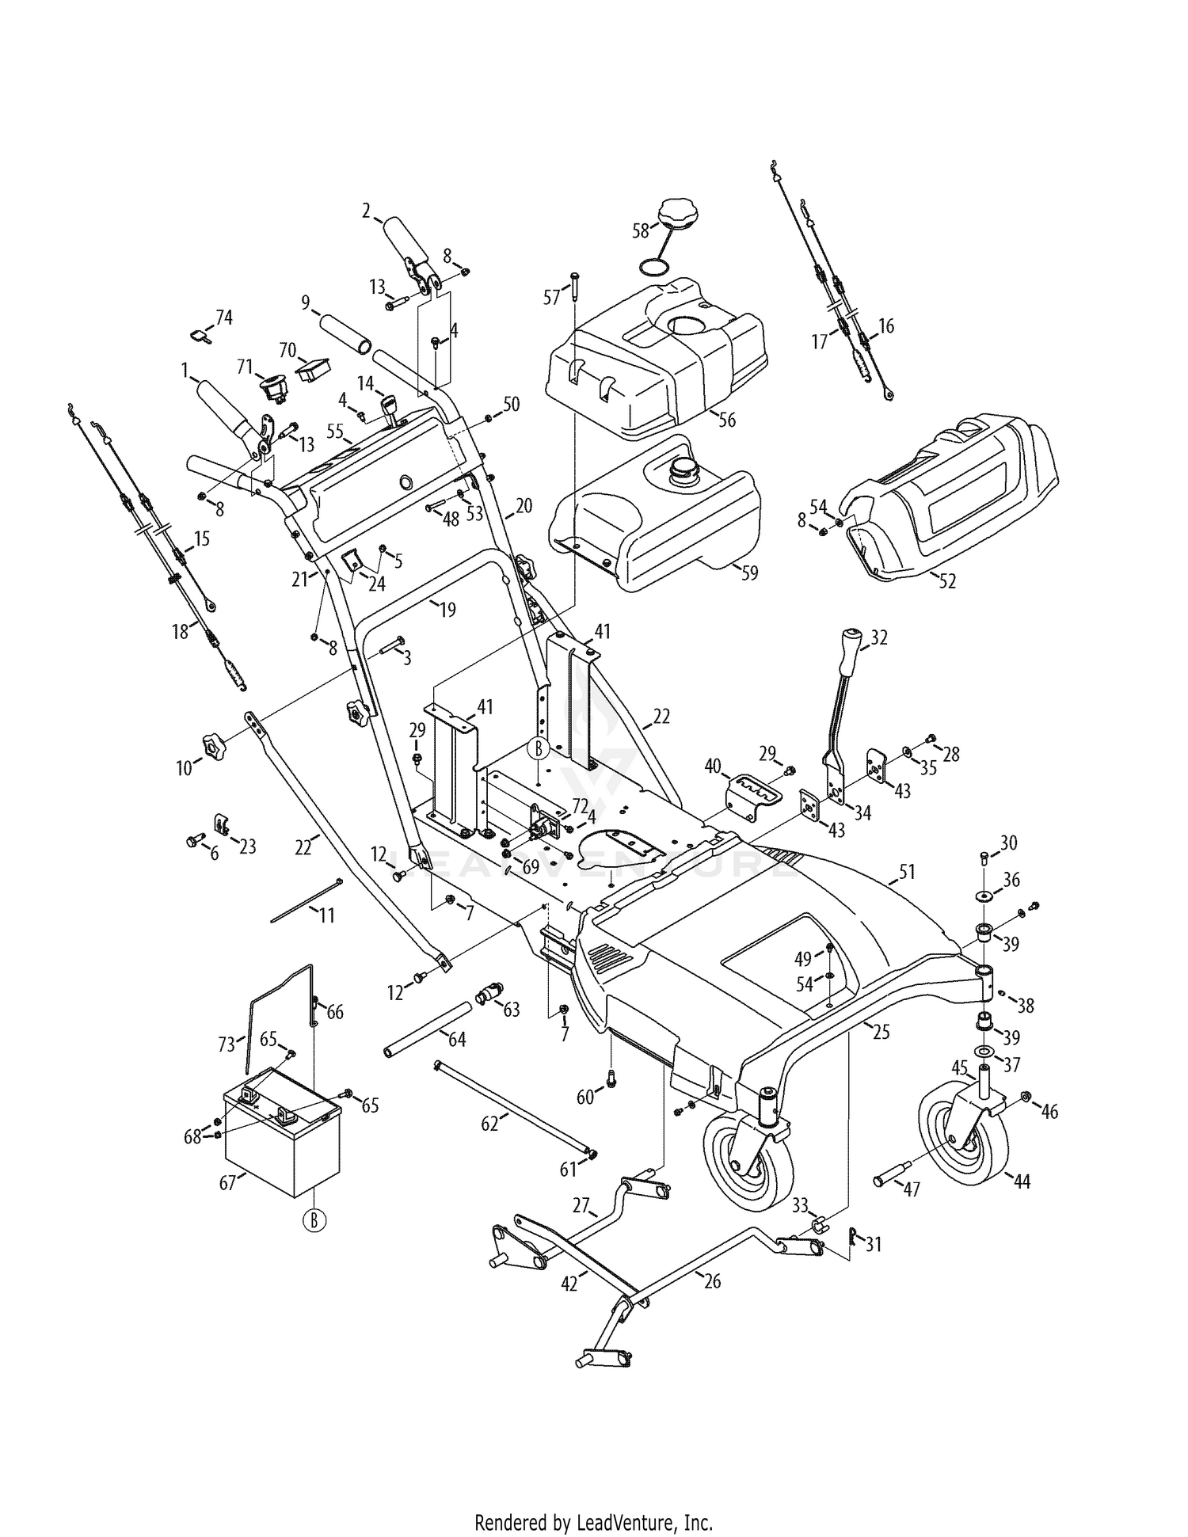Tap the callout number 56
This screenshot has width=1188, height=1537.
pyautogui.click(x=726, y=419)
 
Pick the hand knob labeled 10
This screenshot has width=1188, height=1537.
pyautogui.click(x=213, y=744)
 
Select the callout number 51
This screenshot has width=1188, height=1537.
pyautogui.click(x=907, y=873)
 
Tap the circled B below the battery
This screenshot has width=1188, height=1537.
pyautogui.click(x=314, y=1221)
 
